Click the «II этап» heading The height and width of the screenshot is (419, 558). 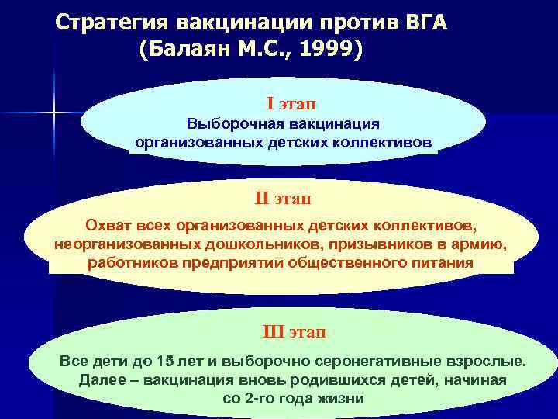point(284,199)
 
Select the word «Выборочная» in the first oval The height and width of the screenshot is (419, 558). point(227,124)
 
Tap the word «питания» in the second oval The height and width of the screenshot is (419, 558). point(440,262)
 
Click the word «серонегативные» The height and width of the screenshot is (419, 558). point(377,362)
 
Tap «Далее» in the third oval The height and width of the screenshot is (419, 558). point(102,380)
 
